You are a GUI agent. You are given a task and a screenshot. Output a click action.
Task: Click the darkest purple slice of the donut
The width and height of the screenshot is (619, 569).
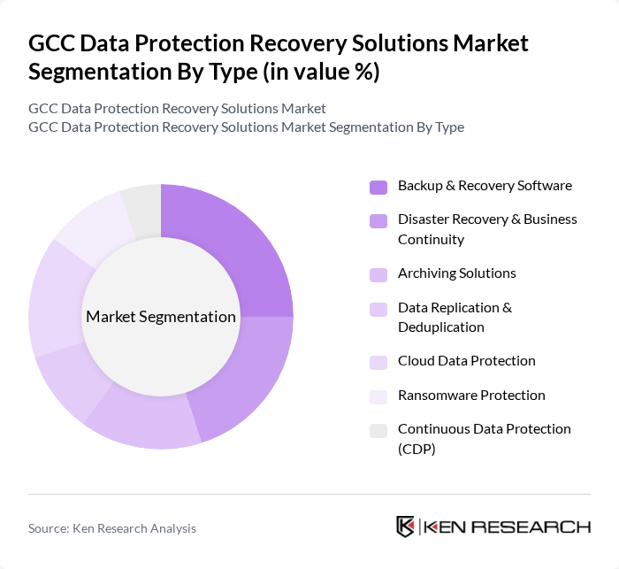tap(234, 248)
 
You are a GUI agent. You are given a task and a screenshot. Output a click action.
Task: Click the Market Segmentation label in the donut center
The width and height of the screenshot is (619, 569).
tap(161, 317)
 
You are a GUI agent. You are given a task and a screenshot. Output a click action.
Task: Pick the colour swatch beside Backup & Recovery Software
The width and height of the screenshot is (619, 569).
tap(378, 187)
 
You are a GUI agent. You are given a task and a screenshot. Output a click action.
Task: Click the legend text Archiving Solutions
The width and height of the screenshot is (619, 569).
tap(456, 273)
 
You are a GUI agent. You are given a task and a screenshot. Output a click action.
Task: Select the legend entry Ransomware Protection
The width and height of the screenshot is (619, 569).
tap(471, 396)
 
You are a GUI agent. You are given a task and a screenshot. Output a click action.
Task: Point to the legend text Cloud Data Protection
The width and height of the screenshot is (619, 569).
tap(466, 361)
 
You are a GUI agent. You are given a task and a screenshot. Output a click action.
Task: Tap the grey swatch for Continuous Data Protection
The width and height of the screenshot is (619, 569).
tap(378, 430)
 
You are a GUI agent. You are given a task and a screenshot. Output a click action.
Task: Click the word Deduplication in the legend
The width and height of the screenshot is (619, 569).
tap(440, 327)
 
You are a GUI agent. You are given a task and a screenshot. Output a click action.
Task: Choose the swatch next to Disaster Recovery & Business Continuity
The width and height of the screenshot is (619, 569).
tap(378, 220)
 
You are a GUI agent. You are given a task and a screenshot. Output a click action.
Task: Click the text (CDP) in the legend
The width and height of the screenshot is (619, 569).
tap(416, 449)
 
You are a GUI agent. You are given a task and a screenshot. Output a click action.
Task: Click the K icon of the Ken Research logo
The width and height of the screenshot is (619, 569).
tap(406, 527)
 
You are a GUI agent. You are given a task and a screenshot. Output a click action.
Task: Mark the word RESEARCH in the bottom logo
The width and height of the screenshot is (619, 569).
tap(539, 527)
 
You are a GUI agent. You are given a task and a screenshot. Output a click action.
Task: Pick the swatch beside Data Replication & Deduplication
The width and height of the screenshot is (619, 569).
tap(378, 309)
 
